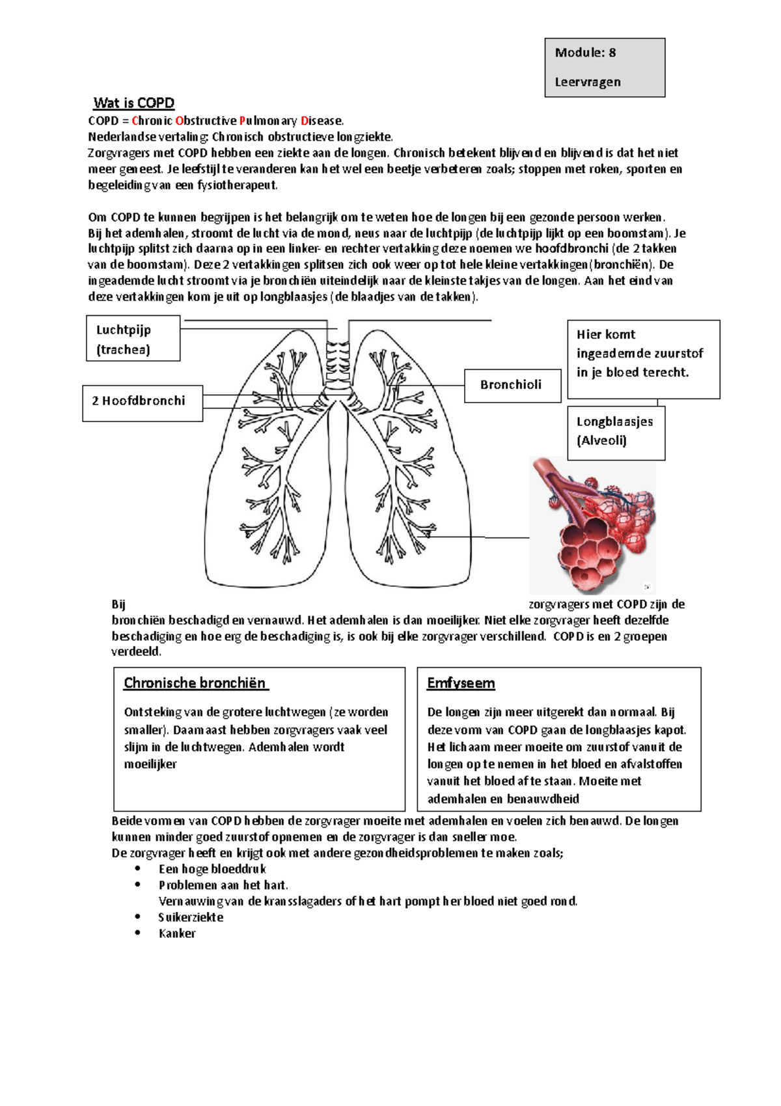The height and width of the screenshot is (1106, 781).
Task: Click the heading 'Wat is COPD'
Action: coord(133,103)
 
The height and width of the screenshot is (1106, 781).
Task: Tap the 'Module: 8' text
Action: coord(584,53)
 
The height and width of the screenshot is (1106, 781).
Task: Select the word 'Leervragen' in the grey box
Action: coord(587,82)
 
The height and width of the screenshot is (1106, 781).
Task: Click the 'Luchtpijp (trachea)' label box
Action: coord(133,339)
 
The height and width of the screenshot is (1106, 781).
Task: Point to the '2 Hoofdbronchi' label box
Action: coord(142,401)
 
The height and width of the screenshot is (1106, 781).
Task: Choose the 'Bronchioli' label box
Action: coord(512,385)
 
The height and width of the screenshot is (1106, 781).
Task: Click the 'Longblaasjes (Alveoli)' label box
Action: coord(615,431)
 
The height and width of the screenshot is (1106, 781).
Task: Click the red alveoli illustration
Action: coord(593,524)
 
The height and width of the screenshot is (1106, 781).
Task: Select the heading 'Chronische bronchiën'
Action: coord(195,683)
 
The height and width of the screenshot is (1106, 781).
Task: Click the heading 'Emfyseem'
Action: coord(461,683)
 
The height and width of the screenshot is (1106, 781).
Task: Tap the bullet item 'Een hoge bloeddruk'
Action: coord(212,869)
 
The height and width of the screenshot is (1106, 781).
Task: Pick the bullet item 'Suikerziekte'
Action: coord(191,917)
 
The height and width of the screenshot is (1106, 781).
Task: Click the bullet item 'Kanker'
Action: coord(177,933)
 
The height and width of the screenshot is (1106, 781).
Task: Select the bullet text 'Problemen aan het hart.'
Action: coord(223,885)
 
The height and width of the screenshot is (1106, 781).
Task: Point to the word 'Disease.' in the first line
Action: coord(322,121)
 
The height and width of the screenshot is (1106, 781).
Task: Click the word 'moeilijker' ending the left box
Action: coord(150,764)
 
